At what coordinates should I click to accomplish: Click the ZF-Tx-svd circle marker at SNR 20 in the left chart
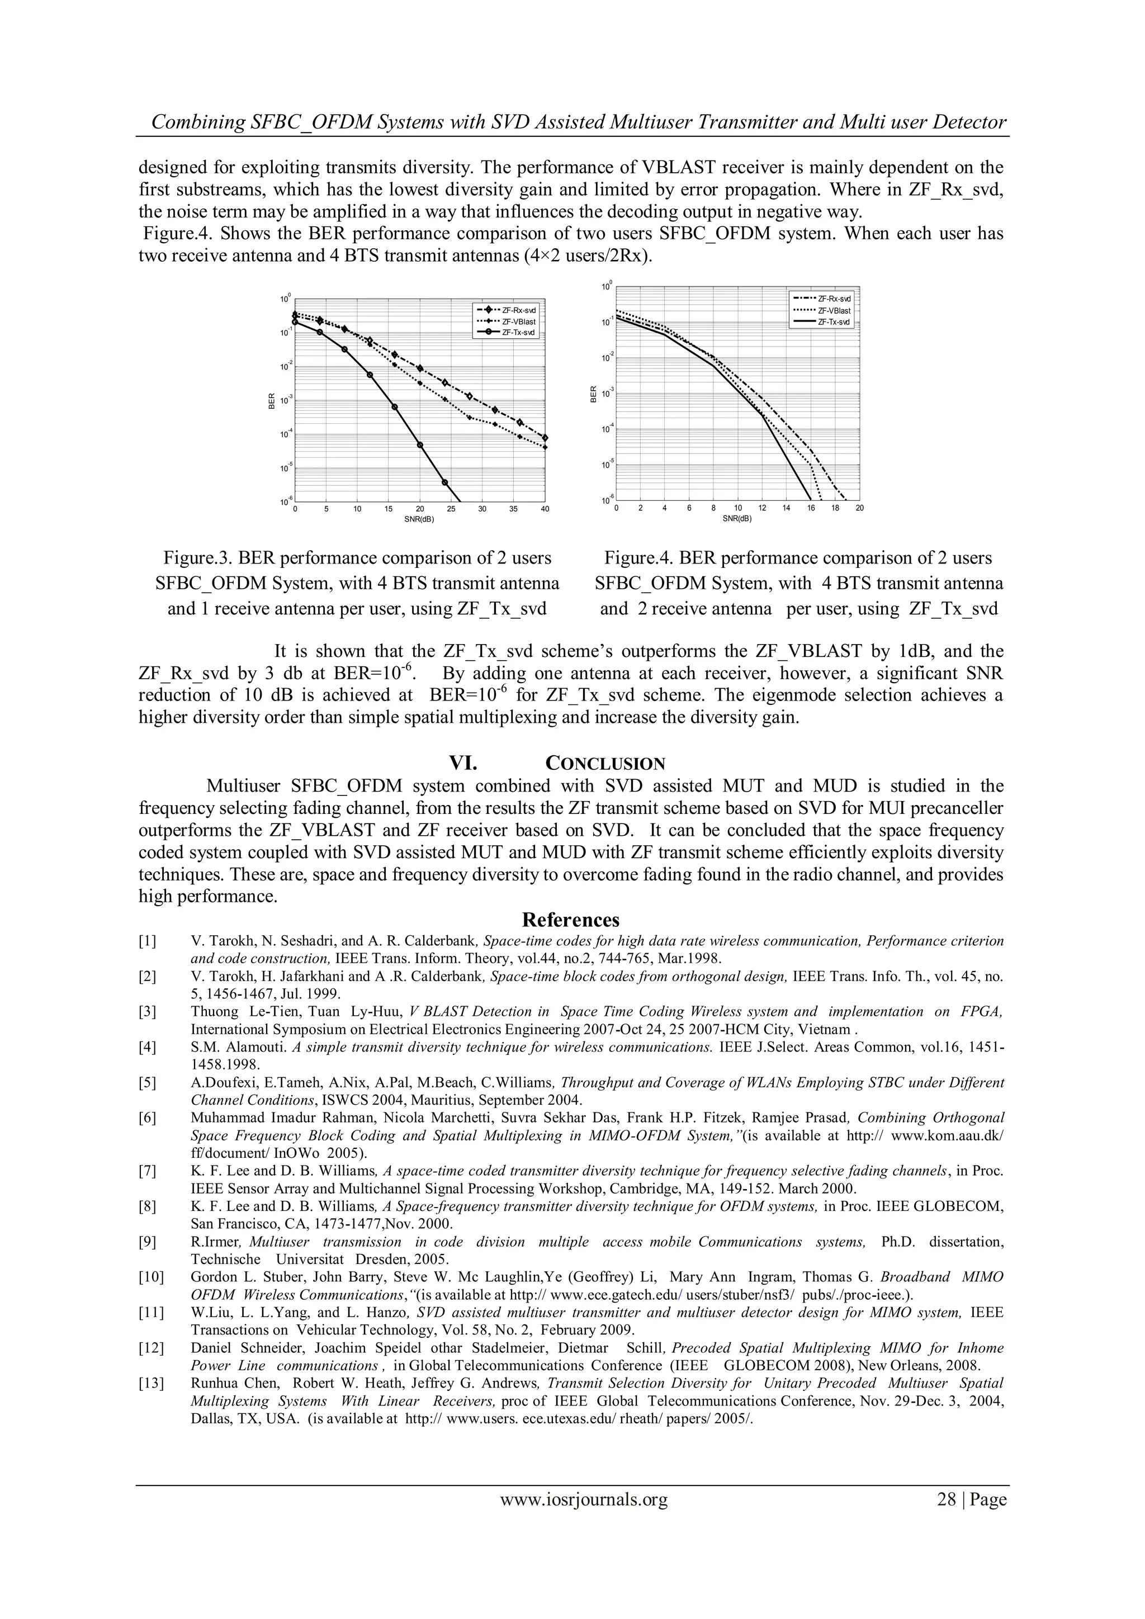[x=420, y=445]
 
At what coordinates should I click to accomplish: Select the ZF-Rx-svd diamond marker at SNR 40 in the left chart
[x=546, y=437]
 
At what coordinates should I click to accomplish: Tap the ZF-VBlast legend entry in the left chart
[x=519, y=321]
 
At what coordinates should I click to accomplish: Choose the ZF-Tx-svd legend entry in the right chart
[x=834, y=322]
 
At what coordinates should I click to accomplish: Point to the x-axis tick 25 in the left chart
[x=451, y=508]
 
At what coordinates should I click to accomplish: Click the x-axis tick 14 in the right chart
[x=786, y=508]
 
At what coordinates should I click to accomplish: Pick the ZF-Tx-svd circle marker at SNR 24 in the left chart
[x=445, y=482]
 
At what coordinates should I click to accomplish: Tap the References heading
[x=570, y=920]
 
